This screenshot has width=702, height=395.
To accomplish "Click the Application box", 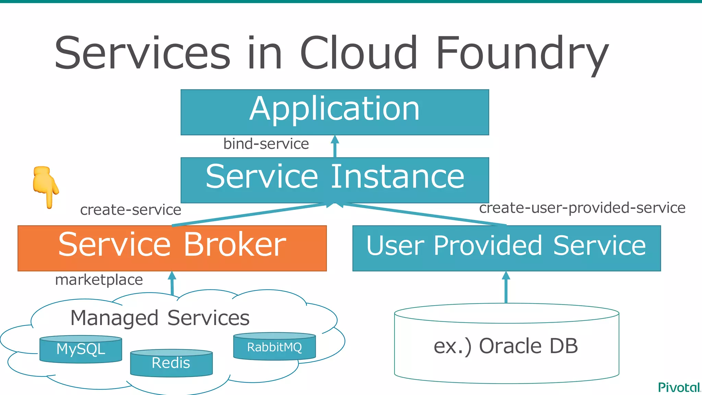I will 335,112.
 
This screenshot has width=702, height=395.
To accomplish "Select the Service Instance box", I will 335,180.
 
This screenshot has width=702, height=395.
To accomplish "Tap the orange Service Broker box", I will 172,248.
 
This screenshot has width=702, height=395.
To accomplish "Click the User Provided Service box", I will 506,248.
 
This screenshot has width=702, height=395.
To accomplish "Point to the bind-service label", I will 266,144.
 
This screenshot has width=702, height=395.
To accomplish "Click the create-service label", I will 131,210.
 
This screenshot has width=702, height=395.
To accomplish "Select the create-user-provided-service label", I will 582,208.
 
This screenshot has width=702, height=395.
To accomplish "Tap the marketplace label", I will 99,280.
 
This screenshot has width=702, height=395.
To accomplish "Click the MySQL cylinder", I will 81,349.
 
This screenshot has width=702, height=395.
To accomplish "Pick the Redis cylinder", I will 171,363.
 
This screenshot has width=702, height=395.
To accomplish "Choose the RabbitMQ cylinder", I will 274,347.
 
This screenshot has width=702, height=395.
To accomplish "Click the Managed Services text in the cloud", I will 160,318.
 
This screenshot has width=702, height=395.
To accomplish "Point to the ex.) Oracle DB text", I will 506,346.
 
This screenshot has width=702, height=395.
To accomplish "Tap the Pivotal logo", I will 679,387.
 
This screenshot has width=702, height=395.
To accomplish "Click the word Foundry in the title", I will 522,54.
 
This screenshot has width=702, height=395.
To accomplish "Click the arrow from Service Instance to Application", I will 335,147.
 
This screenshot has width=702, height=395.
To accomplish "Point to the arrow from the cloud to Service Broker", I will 172,284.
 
